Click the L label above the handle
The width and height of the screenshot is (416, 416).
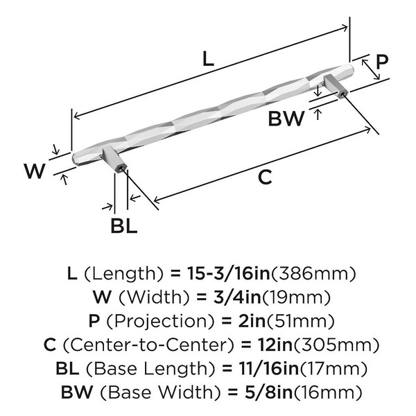tap(208, 59)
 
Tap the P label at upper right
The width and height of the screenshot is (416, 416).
tap(381, 62)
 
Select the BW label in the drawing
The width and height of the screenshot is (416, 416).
tap(286, 119)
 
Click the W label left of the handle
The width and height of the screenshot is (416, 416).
tap(35, 171)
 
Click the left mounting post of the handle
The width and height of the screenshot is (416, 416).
tap(115, 160)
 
